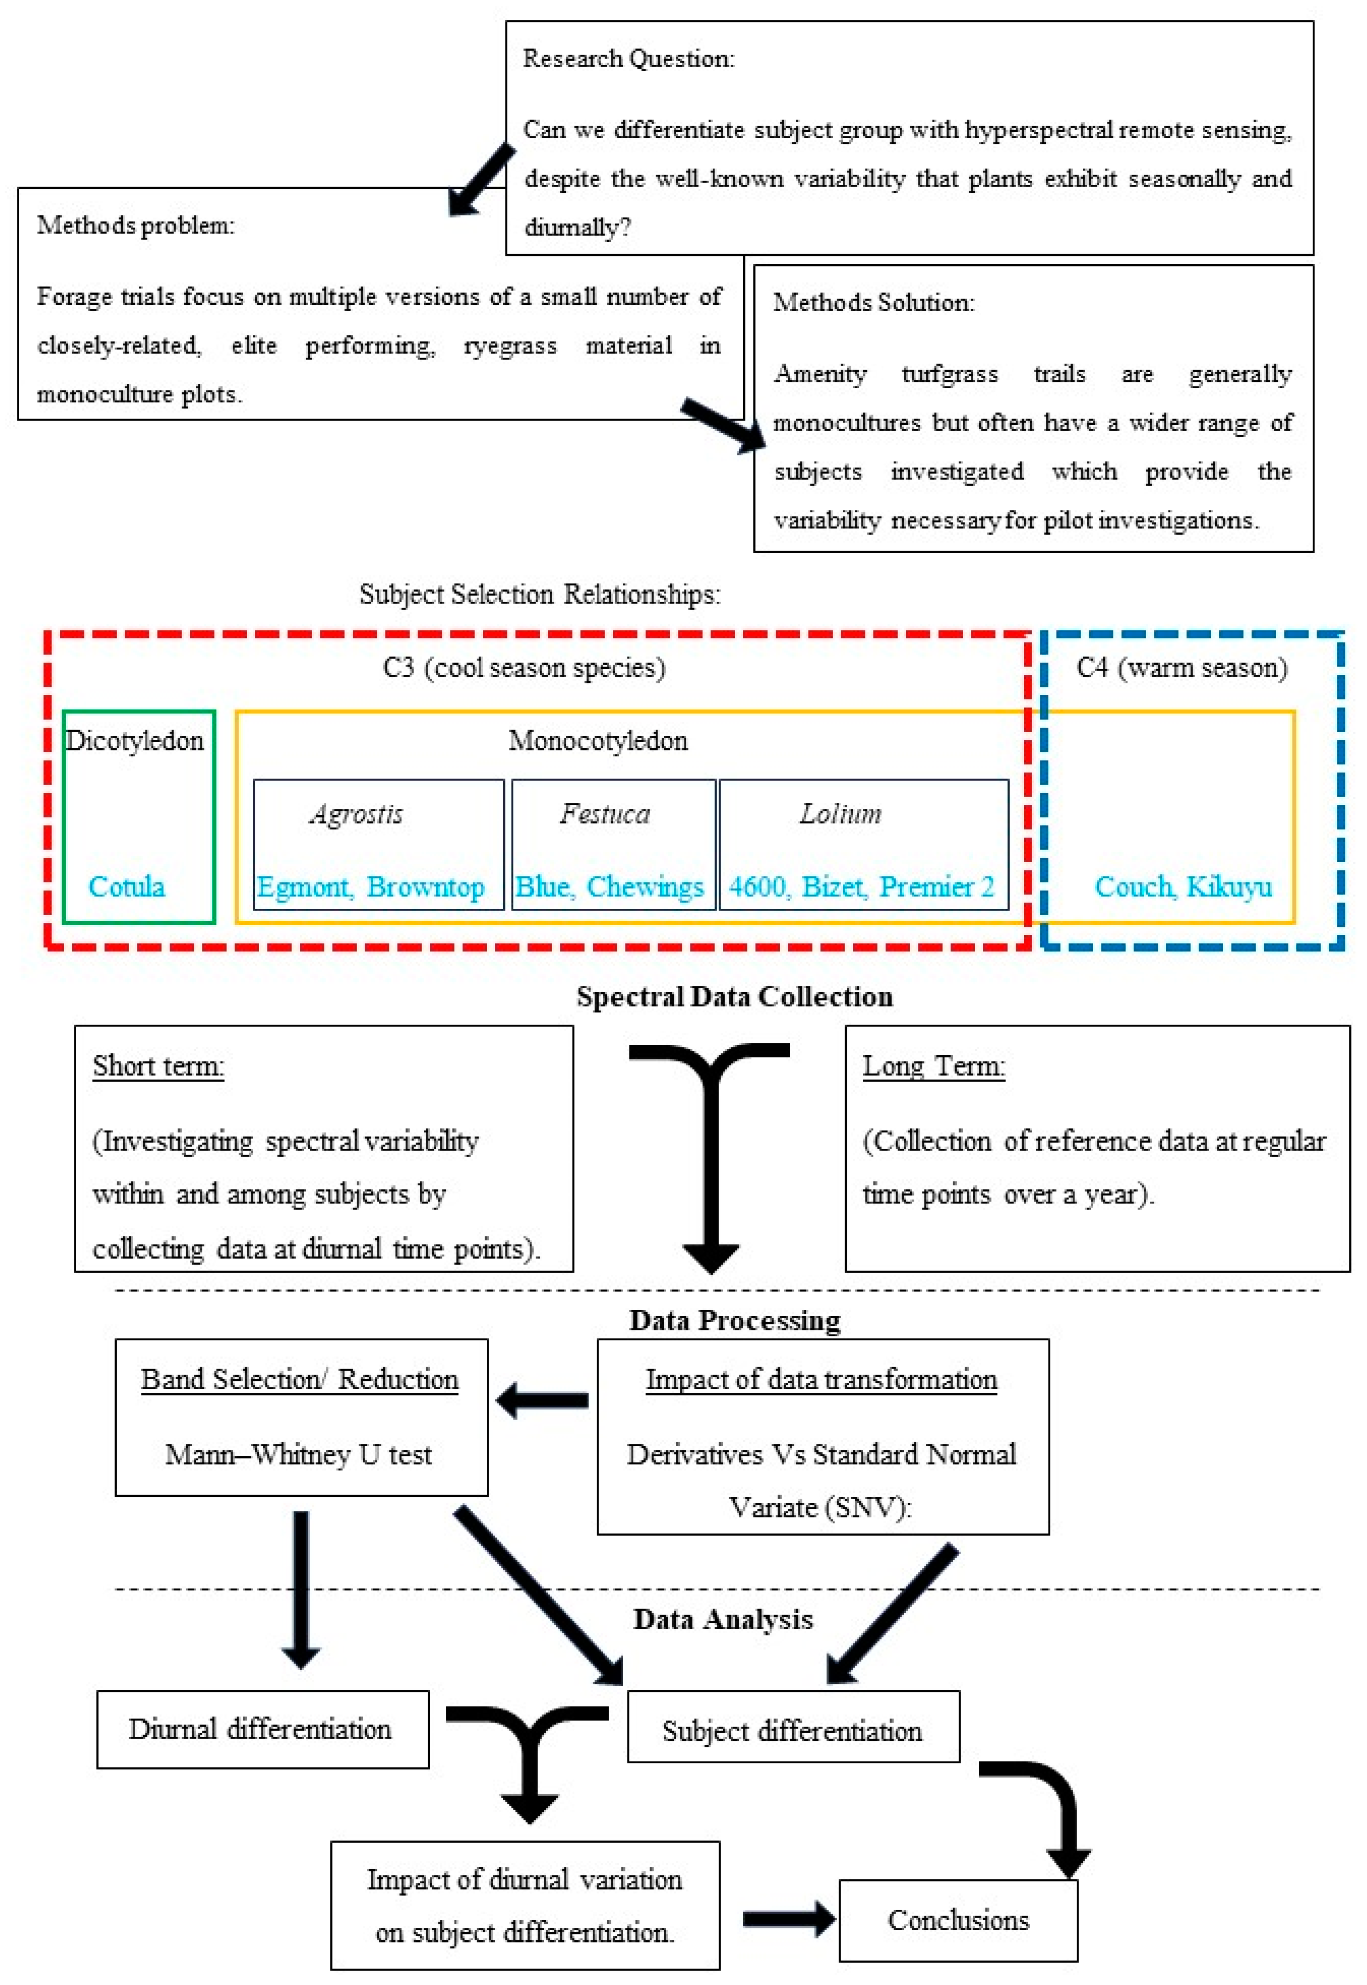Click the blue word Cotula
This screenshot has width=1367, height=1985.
pyautogui.click(x=127, y=886)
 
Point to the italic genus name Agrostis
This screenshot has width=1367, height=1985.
pyautogui.click(x=356, y=813)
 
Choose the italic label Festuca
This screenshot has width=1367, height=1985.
pyautogui.click(x=605, y=813)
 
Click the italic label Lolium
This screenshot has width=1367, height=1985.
pyautogui.click(x=840, y=813)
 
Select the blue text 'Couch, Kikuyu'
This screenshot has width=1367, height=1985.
pyautogui.click(x=1183, y=886)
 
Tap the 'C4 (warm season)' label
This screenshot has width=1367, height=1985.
pyautogui.click(x=1182, y=667)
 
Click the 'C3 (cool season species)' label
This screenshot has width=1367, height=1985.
pyautogui.click(x=523, y=667)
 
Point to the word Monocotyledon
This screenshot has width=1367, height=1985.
pyautogui.click(x=598, y=740)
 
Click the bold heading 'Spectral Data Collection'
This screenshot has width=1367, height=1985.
pyautogui.click(x=734, y=997)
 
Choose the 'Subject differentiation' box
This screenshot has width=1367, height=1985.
pyautogui.click(x=793, y=1731)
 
